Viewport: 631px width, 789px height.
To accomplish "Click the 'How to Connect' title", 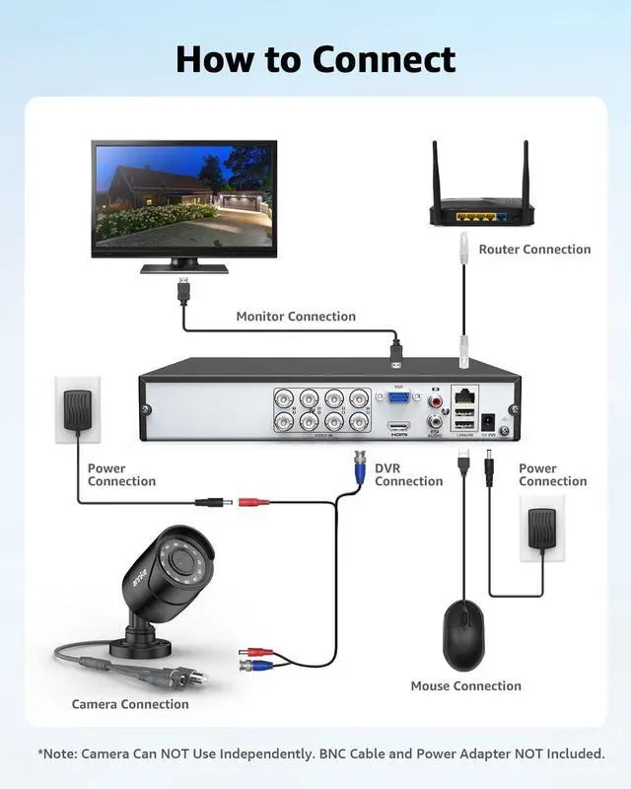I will click(x=315, y=59).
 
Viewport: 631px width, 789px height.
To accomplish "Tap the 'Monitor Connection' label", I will click(x=296, y=317).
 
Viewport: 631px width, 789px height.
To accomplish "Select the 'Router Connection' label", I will click(x=534, y=250).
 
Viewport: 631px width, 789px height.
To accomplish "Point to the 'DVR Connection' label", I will click(x=408, y=474).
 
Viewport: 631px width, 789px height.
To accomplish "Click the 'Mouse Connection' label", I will click(x=465, y=685).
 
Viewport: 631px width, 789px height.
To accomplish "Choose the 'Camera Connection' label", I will click(x=130, y=704).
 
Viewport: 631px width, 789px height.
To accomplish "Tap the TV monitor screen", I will click(x=184, y=195).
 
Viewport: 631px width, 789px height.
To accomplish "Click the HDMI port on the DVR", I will click(x=398, y=429).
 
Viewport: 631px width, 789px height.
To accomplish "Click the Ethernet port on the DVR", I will click(x=463, y=394).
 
